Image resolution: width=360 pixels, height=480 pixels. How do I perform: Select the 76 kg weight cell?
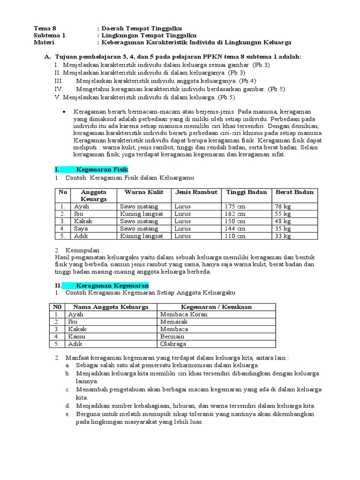(283, 206)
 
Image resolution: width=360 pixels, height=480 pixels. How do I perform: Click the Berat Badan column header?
(294, 192)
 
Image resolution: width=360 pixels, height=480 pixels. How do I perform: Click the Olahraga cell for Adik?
(173, 344)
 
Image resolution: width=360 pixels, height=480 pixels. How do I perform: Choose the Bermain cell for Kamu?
(172, 337)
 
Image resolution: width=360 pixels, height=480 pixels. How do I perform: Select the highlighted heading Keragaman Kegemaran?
(112, 285)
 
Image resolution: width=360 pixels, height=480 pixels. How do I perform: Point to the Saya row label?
(80, 229)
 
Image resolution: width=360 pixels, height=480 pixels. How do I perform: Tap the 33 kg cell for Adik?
(283, 236)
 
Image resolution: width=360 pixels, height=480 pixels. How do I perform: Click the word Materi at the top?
(45, 42)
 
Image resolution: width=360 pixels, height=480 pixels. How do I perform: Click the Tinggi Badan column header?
(247, 192)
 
